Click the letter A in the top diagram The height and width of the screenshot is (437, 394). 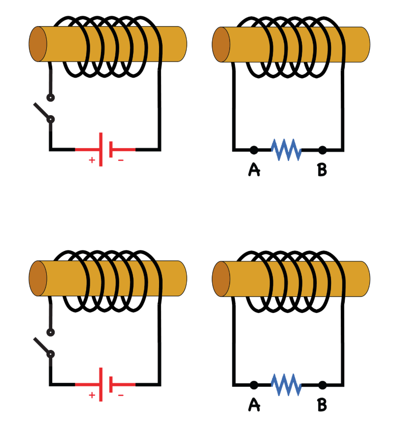254,170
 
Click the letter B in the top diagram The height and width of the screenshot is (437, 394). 322,170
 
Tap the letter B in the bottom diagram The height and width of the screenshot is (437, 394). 322,405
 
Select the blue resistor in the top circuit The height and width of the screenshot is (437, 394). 287,149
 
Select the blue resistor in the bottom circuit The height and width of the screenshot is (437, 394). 287,384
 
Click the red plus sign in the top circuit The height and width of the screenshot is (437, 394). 92,160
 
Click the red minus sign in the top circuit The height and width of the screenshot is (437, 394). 121,160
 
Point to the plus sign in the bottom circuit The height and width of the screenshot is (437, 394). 92,395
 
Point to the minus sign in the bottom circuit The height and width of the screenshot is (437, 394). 121,395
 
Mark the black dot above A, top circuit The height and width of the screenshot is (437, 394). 254,149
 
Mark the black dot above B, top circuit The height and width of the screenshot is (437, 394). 322,149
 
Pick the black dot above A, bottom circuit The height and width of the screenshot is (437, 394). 254,384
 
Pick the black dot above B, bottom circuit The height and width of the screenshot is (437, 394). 322,384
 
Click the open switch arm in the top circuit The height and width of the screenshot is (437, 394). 42,111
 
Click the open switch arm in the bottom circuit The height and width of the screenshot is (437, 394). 42,346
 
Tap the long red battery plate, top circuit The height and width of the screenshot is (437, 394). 101,149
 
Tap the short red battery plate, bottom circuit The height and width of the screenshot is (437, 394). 111,384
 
